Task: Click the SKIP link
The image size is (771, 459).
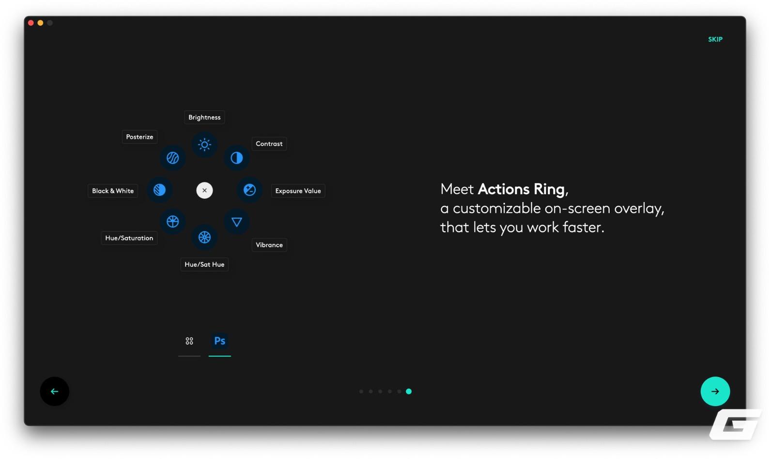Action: coord(715,39)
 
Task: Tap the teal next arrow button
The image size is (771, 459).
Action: coord(715,391)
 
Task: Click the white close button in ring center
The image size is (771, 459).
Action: coord(204,190)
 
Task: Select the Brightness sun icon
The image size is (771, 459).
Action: coord(204,144)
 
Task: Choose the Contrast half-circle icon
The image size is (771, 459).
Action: coord(236,158)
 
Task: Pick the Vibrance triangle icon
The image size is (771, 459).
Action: coord(236,222)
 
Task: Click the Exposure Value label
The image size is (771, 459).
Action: coord(298,191)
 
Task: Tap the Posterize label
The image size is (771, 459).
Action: coord(139,137)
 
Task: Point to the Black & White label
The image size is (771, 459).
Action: coord(112,191)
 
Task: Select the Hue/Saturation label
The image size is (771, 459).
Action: coord(129,238)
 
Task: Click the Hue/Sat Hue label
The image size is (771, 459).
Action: coord(204,265)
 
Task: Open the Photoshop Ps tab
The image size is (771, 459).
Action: coord(219,341)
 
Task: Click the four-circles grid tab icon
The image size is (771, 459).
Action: coord(189,341)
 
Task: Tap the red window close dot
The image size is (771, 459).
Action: coord(31,23)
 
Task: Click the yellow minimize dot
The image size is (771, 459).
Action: coord(40,23)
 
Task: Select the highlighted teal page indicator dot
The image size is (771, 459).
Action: coord(409,391)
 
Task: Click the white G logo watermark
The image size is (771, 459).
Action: coord(735,425)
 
